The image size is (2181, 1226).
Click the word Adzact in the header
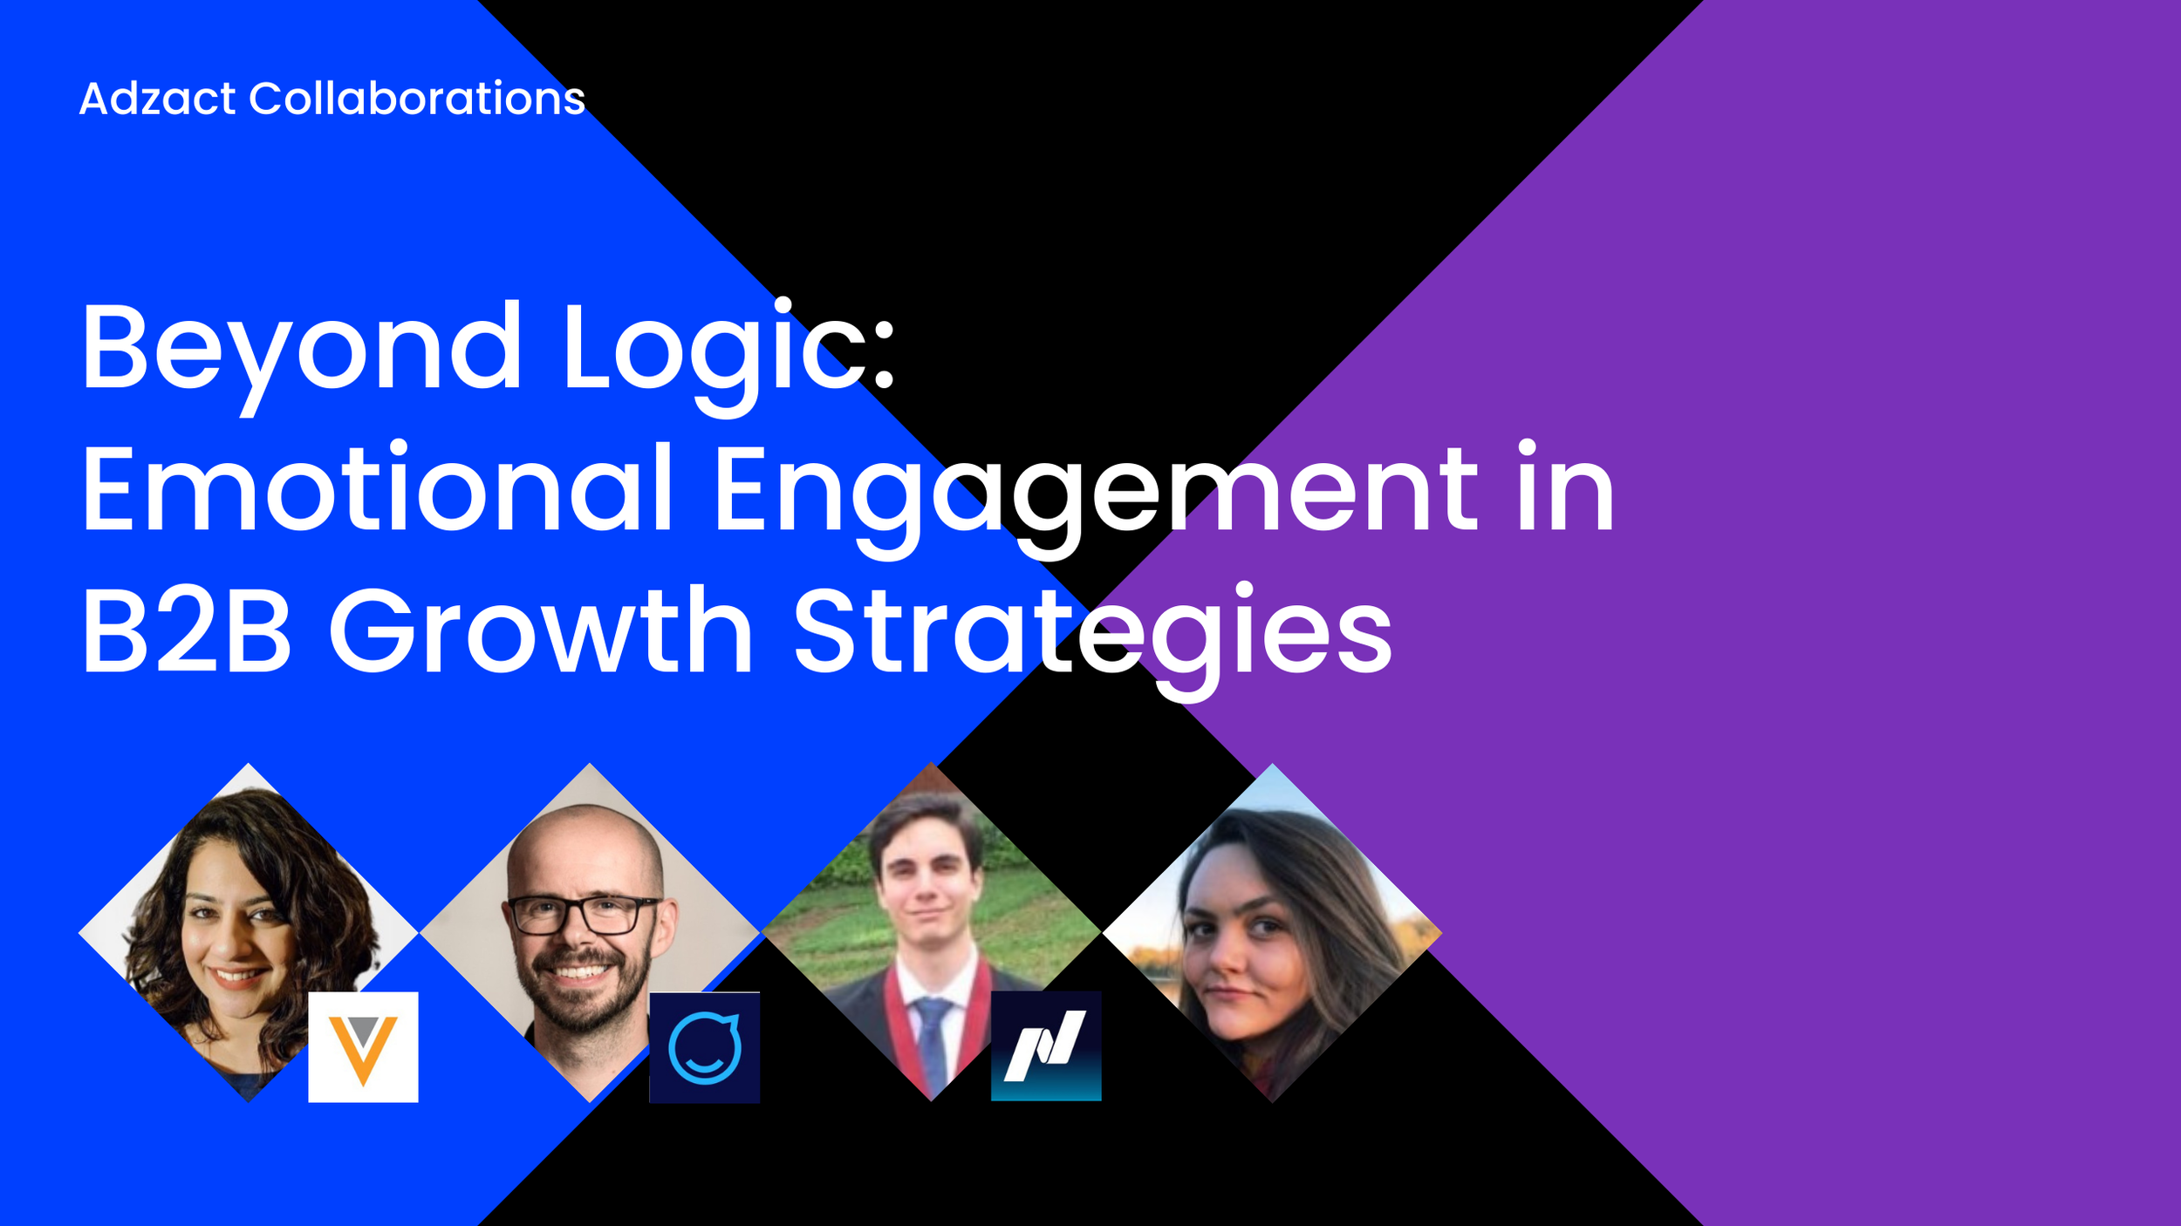[x=157, y=99]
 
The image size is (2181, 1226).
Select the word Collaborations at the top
[x=416, y=99]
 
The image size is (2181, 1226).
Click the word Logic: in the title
[x=728, y=349]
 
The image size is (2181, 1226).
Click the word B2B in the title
[x=186, y=631]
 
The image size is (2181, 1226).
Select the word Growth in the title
[x=541, y=631]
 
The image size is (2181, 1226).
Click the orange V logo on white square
[x=363, y=1047]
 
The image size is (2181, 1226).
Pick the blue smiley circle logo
[x=704, y=1047]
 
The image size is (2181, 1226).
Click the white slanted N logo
[x=1045, y=1046]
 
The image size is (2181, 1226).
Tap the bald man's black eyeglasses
[x=583, y=914]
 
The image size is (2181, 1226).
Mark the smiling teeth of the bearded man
[x=577, y=971]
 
